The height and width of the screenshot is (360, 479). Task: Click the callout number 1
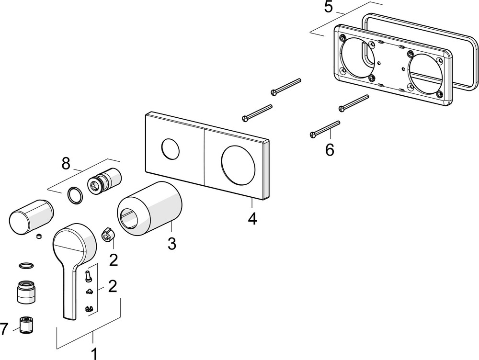click(x=94, y=353)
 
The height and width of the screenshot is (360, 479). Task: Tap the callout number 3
click(x=172, y=243)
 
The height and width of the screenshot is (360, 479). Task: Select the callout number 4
click(x=252, y=219)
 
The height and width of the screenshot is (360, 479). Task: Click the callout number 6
click(x=330, y=149)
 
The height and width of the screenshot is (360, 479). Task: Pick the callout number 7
click(x=4, y=328)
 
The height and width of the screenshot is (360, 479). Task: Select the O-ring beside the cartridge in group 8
click(x=74, y=195)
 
